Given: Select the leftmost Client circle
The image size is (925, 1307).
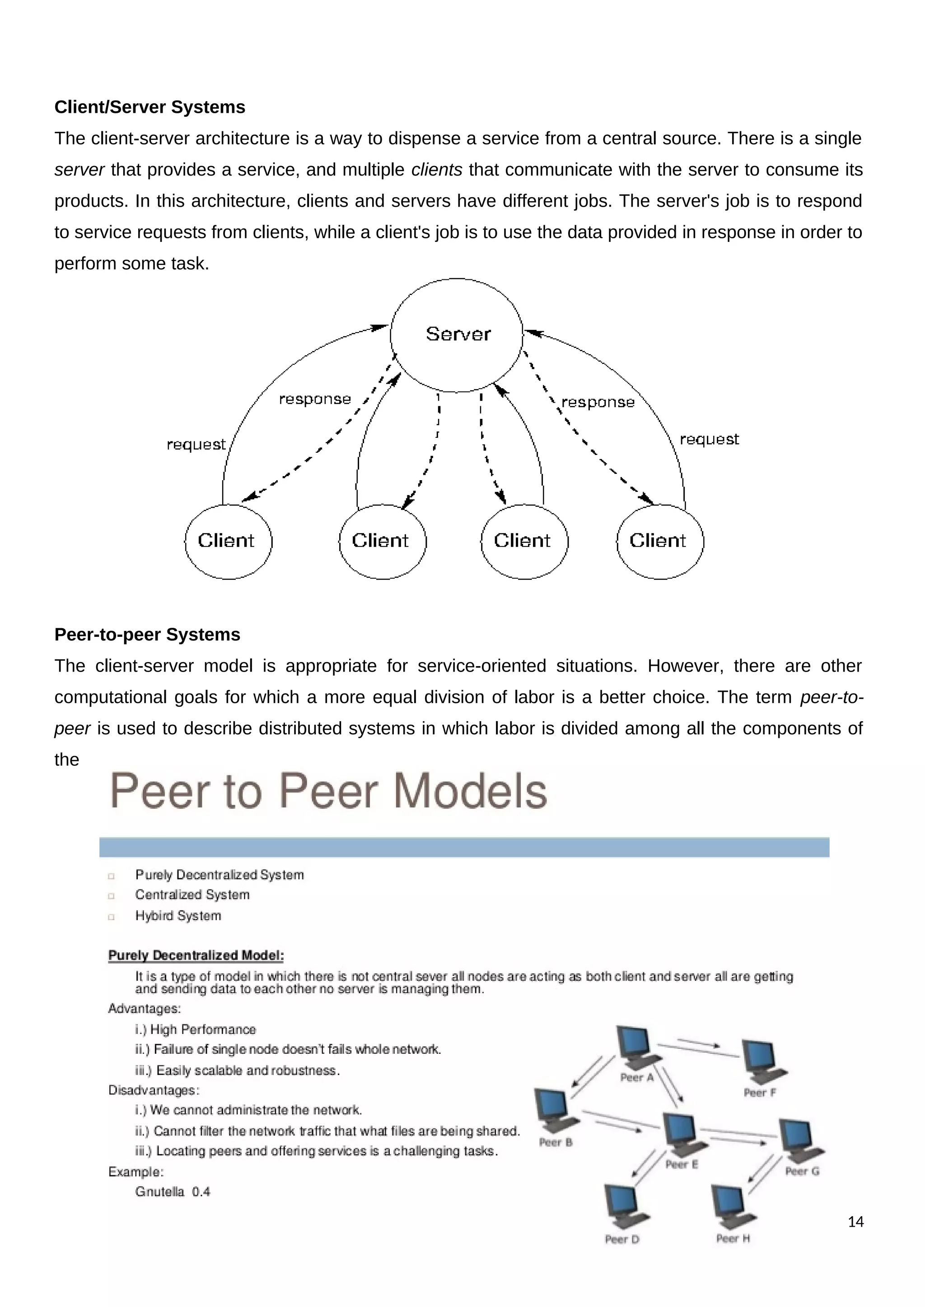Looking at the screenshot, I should pyautogui.click(x=228, y=542).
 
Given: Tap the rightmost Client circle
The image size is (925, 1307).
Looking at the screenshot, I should pyautogui.click(x=659, y=542).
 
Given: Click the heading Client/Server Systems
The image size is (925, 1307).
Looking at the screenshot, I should pyautogui.click(x=150, y=107).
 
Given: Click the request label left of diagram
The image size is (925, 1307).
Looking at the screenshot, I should pyautogui.click(x=196, y=445).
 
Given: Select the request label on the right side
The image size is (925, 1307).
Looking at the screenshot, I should pyautogui.click(x=709, y=440).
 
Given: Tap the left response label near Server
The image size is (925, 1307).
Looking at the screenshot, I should pyautogui.click(x=314, y=399).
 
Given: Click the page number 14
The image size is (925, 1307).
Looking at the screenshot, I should pyautogui.click(x=855, y=1222).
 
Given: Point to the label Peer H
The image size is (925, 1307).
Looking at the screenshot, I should pyautogui.click(x=733, y=1239).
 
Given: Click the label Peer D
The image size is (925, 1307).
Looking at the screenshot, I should pyautogui.click(x=622, y=1240).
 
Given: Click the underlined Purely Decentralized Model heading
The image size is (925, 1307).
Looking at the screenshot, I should pyautogui.click(x=196, y=955).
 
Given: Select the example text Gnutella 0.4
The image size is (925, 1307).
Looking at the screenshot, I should pyautogui.click(x=173, y=1192).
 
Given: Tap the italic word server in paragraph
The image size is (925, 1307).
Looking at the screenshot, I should pyautogui.click(x=79, y=170).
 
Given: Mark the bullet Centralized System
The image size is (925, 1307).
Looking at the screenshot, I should pyautogui.click(x=192, y=895).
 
